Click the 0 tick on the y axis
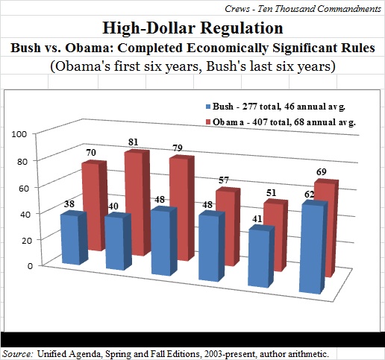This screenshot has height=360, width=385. tap(31, 265)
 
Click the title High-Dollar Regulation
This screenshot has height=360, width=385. tap(192, 28)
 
